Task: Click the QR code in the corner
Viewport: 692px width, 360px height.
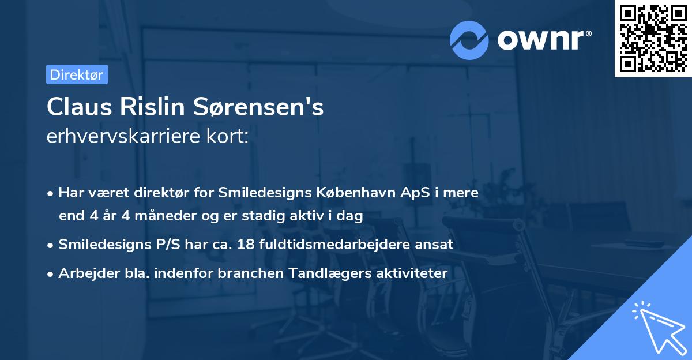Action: [x=653, y=39]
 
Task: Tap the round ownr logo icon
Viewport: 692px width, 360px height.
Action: [x=469, y=40]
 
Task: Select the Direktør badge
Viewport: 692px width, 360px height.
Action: [x=77, y=74]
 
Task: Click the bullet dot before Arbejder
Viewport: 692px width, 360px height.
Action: [x=51, y=273]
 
